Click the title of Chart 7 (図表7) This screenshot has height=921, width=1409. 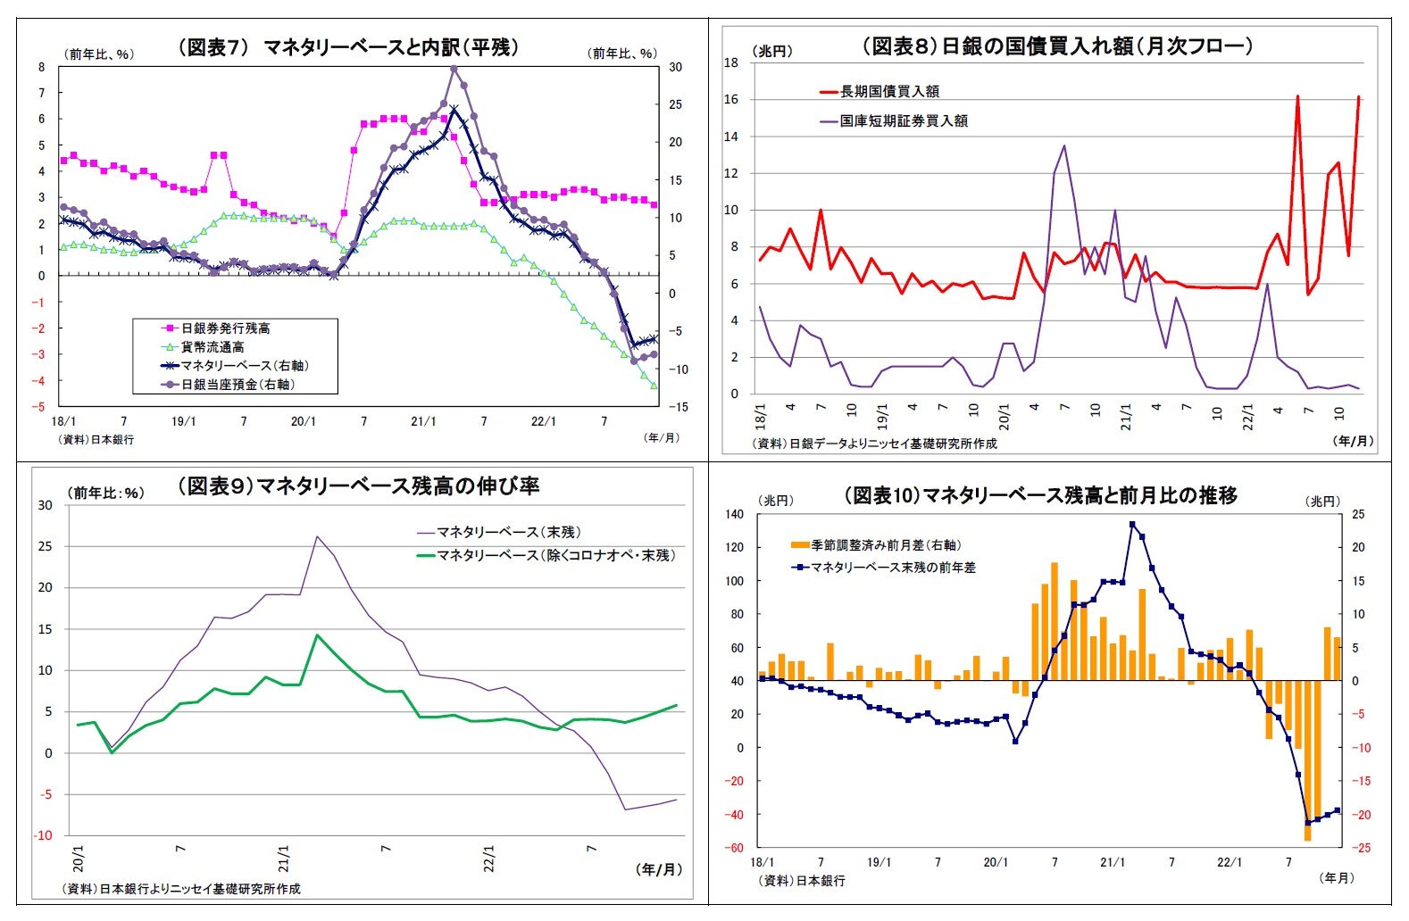pyautogui.click(x=348, y=47)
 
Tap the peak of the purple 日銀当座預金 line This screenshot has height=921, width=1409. pyautogui.click(x=454, y=69)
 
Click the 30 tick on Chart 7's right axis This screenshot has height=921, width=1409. pyautogui.click(x=676, y=67)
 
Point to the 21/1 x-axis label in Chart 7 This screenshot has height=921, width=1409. pyautogui.click(x=422, y=421)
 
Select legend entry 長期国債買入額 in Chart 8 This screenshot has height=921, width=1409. pyautogui.click(x=888, y=91)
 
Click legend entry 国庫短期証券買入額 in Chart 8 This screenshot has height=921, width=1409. pyautogui.click(x=903, y=120)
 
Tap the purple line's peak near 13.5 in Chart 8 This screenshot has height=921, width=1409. pyautogui.click(x=1064, y=145)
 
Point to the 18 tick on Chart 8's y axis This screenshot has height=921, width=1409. pyautogui.click(x=731, y=62)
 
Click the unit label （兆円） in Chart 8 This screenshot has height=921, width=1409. pyautogui.click(x=772, y=51)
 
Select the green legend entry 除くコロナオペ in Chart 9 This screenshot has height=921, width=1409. pyautogui.click(x=554, y=555)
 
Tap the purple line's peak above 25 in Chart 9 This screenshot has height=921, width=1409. pyautogui.click(x=317, y=536)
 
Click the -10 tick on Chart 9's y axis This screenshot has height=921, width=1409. pyautogui.click(x=44, y=835)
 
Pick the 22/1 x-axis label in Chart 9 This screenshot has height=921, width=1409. pyautogui.click(x=489, y=859)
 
